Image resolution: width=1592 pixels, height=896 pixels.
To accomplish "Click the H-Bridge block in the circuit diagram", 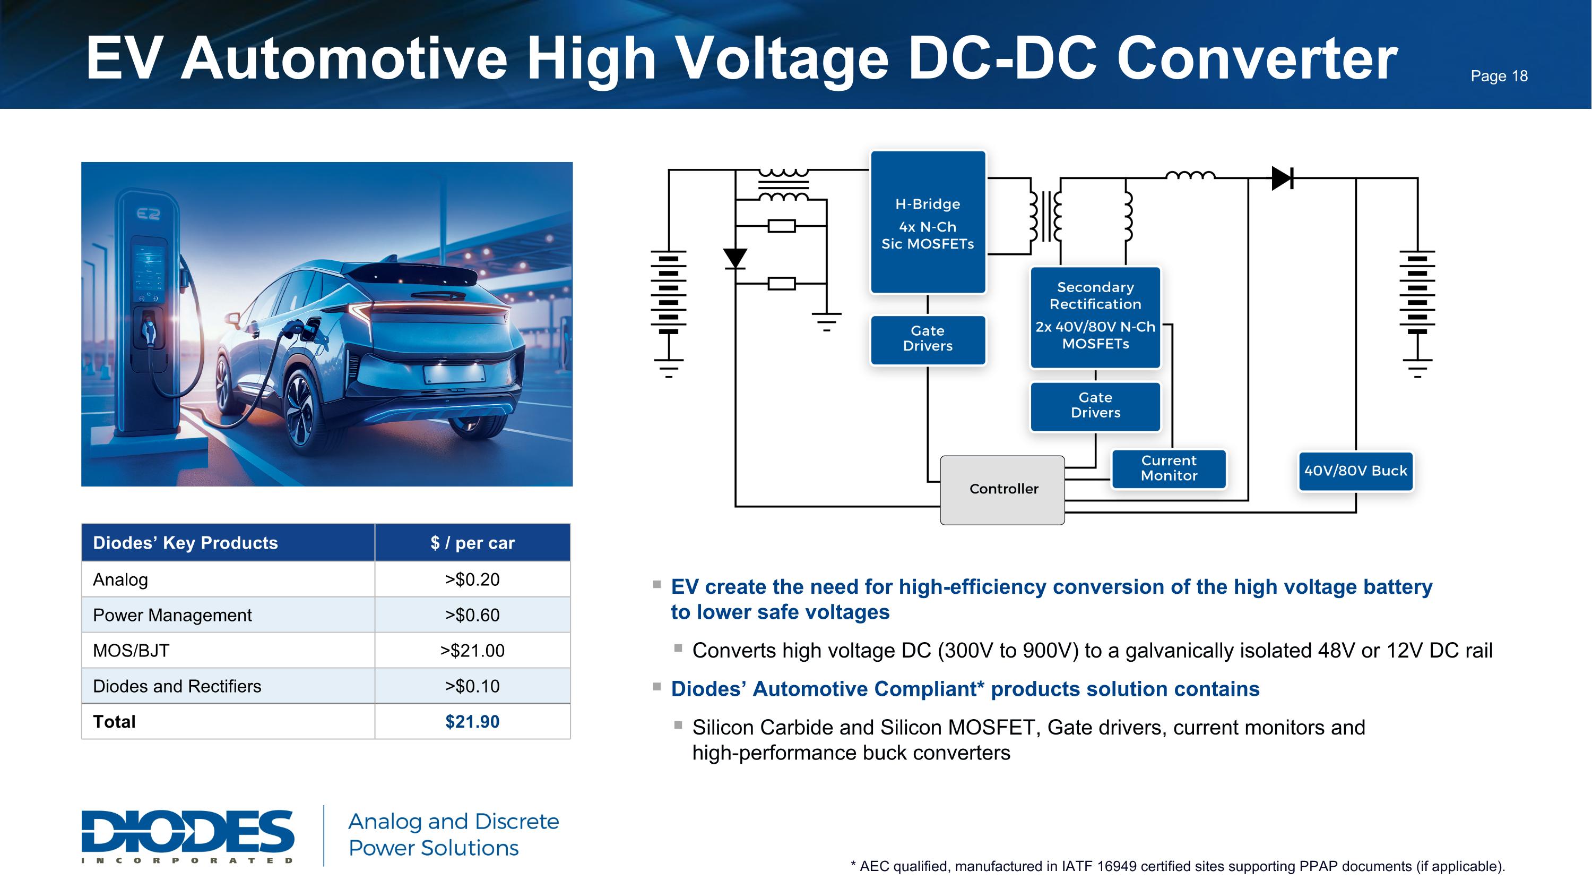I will coord(928,222).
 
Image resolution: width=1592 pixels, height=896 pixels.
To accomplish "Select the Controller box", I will coord(1002,490).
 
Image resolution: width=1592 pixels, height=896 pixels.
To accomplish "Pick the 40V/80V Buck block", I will coord(1355,471).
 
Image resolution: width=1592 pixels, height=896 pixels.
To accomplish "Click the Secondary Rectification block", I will coord(1095,317).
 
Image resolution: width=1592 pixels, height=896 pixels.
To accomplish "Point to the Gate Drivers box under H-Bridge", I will coord(928,339).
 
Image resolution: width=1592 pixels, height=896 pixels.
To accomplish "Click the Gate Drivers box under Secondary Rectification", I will coord(1095,406).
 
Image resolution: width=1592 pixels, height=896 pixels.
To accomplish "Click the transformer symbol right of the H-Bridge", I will coord(1045,216).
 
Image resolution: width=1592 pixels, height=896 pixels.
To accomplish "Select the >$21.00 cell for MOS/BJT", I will coord(472,651).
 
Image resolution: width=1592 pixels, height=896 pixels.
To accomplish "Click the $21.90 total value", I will coord(472,722).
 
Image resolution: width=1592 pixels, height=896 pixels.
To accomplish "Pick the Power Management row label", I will coord(172,615).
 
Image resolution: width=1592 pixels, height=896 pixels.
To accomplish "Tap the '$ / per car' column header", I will coord(472,543).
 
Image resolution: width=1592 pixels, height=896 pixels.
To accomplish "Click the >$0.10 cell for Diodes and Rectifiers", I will coord(472,686).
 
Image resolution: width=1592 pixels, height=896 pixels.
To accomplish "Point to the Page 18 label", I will coord(1499,76).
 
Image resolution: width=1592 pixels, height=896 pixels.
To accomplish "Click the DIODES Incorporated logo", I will coord(188,836).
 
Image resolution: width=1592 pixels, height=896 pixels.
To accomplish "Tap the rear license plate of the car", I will coord(454,373).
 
